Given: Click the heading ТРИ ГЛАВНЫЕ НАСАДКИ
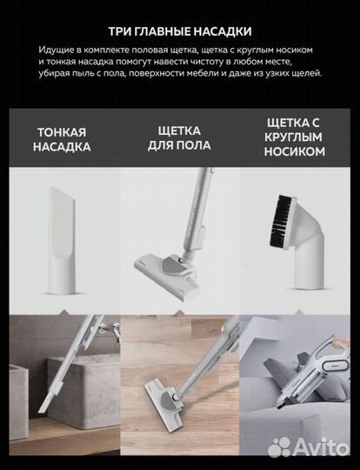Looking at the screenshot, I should tap(179, 27).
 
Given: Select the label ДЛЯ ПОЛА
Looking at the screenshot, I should tap(179, 148).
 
